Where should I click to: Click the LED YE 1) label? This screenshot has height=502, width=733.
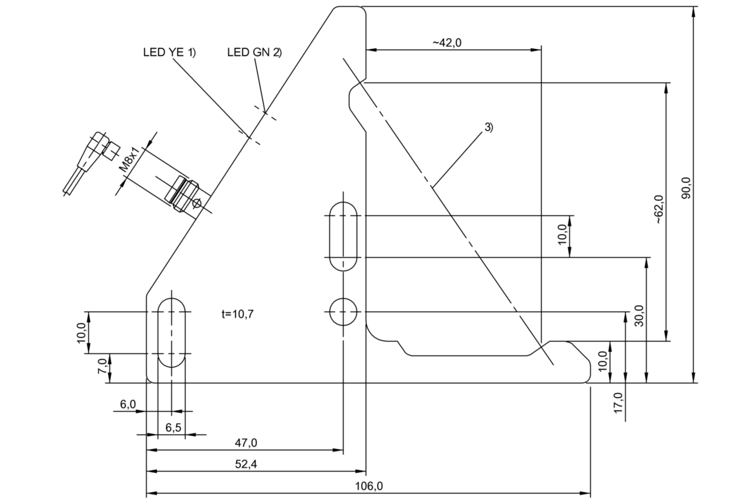point(169,52)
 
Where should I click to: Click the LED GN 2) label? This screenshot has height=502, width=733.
point(254,52)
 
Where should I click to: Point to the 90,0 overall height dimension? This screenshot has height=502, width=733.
point(686,188)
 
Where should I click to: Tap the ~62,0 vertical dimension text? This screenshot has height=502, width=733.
point(659,209)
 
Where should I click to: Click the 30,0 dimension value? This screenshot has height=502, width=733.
point(639,315)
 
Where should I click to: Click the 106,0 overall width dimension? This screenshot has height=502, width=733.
point(369,485)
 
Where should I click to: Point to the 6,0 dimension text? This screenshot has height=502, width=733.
point(127,404)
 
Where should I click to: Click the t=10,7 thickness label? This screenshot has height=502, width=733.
point(237,314)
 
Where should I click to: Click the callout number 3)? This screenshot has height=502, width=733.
point(488,127)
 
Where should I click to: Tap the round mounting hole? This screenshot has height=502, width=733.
point(343,311)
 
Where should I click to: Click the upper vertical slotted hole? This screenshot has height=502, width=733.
point(343,236)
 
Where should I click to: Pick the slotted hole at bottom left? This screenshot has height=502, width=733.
point(172,332)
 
